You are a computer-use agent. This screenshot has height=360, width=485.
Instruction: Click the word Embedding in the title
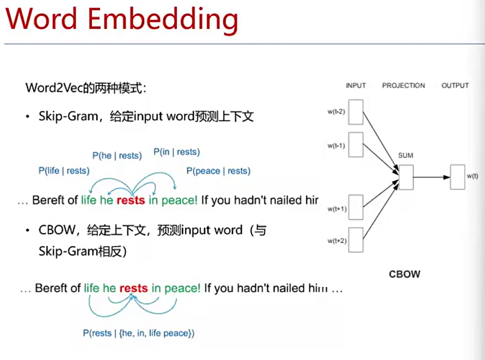163,20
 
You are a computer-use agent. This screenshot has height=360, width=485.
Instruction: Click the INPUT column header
355,86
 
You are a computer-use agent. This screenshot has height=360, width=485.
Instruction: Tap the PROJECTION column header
404,86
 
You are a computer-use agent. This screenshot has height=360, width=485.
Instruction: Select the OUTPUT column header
455,86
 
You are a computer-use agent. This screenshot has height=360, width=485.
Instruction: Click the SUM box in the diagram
406,177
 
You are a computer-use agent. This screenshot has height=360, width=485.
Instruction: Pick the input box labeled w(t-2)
355,112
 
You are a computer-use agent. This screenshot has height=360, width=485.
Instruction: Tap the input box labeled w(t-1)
355,145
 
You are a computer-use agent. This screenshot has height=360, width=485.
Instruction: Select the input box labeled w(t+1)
355,208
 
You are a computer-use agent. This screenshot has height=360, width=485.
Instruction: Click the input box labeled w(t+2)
355,240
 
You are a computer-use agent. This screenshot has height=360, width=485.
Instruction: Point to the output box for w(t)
457,177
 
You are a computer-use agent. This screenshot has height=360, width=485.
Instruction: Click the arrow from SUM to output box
432,178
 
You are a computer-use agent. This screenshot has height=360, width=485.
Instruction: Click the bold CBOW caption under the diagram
404,274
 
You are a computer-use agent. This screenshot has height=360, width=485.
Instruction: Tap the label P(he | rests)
117,155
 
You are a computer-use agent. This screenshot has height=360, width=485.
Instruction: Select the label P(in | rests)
176,152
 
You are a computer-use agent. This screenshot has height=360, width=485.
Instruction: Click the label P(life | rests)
64,170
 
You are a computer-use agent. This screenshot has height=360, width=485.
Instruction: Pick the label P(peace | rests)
218,171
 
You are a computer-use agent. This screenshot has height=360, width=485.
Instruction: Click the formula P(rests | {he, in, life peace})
139,333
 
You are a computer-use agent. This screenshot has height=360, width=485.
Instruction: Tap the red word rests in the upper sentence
131,200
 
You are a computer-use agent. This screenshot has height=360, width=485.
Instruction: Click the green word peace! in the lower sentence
182,289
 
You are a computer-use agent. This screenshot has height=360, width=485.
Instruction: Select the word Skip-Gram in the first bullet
69,117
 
